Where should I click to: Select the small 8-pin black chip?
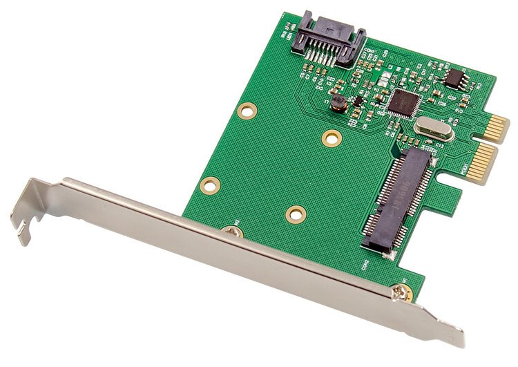[x=454, y=77]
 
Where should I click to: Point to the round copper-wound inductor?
[x=338, y=104]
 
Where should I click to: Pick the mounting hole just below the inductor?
[x=332, y=138]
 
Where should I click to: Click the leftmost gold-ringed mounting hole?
[x=211, y=185]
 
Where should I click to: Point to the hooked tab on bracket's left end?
[x=24, y=225]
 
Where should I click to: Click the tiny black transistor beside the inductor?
[x=357, y=101]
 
